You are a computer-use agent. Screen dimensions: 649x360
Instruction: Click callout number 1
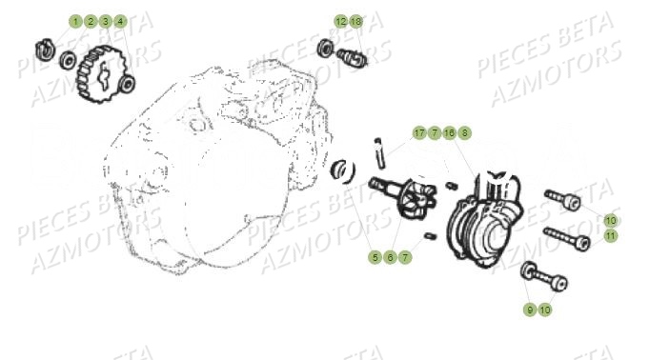[x=75, y=21]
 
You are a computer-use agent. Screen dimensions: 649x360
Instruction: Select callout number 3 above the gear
[x=106, y=21]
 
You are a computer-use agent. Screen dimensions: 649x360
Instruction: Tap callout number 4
[x=120, y=21]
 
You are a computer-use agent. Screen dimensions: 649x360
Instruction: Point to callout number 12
[x=341, y=21]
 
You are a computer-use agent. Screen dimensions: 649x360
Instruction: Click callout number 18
[x=356, y=21]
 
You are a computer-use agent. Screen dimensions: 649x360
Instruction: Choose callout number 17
[x=419, y=132]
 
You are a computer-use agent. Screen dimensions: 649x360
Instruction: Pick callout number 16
[x=450, y=132]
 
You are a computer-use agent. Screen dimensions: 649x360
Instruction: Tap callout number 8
[x=465, y=132]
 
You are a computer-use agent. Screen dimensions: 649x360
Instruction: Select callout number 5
[x=375, y=257]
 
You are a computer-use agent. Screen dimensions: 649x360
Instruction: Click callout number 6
[x=390, y=257]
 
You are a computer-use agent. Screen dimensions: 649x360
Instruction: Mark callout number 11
[x=611, y=236]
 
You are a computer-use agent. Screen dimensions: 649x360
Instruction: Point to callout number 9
[x=530, y=310]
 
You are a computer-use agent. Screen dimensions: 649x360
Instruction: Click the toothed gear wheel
[x=101, y=74]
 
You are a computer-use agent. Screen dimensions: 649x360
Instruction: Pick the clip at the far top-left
[x=44, y=48]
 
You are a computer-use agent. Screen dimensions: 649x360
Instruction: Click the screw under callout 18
[x=352, y=57]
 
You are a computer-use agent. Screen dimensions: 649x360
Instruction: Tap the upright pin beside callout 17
[x=379, y=153]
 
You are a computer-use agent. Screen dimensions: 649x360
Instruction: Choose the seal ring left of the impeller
[x=342, y=170]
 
